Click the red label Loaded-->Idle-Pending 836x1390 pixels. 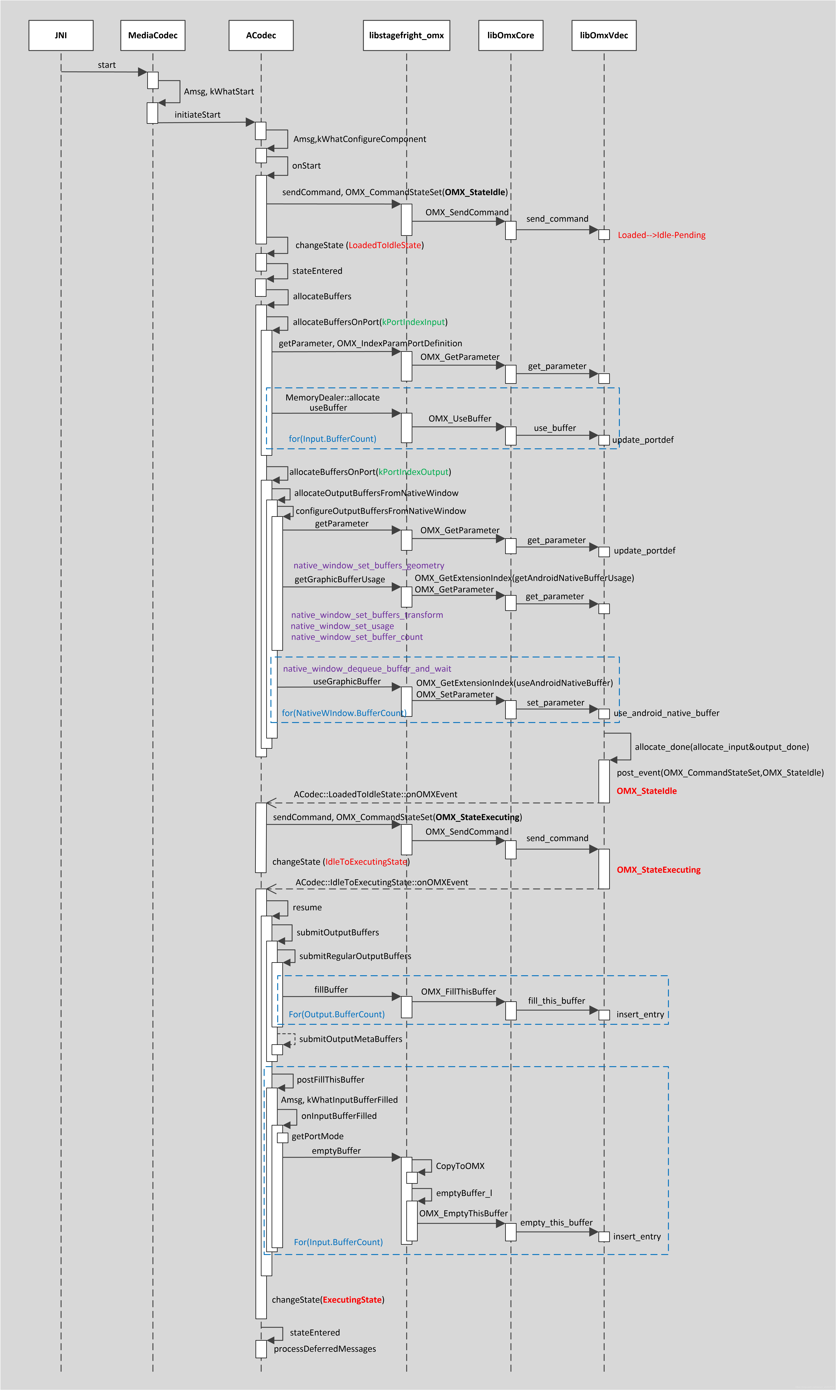pos(661,235)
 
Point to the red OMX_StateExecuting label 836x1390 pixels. pos(659,870)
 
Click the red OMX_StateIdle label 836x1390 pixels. pos(646,791)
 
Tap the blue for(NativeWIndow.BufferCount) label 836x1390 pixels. pos(344,713)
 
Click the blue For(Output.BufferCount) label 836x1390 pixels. pos(336,1014)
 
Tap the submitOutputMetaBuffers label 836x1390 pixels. pos(350,1039)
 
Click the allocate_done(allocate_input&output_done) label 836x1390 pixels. pos(722,747)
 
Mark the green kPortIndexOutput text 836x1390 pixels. pos(414,472)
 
